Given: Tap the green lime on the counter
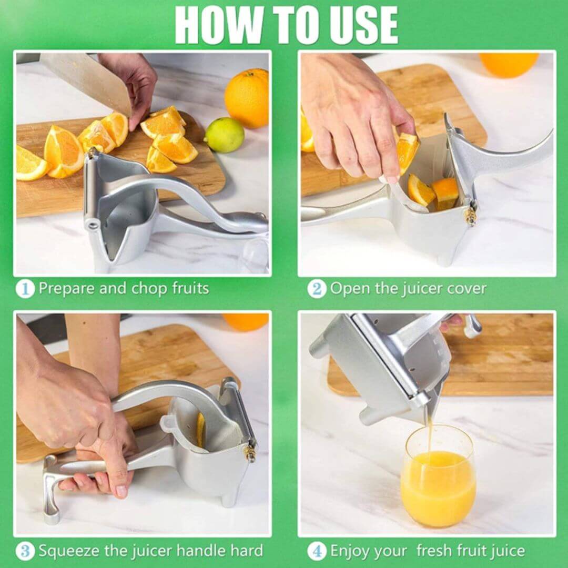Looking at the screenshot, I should [225, 135].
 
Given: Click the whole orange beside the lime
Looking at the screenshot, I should [247, 98].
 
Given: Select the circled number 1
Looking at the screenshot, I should [25, 289].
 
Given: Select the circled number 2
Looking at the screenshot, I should [317, 289].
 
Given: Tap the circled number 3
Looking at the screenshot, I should [25, 551].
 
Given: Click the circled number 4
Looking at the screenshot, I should [317, 551].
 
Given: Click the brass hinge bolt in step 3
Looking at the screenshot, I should [251, 451].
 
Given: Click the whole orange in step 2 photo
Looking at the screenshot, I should [508, 64].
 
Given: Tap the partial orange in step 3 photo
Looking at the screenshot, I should [246, 322].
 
